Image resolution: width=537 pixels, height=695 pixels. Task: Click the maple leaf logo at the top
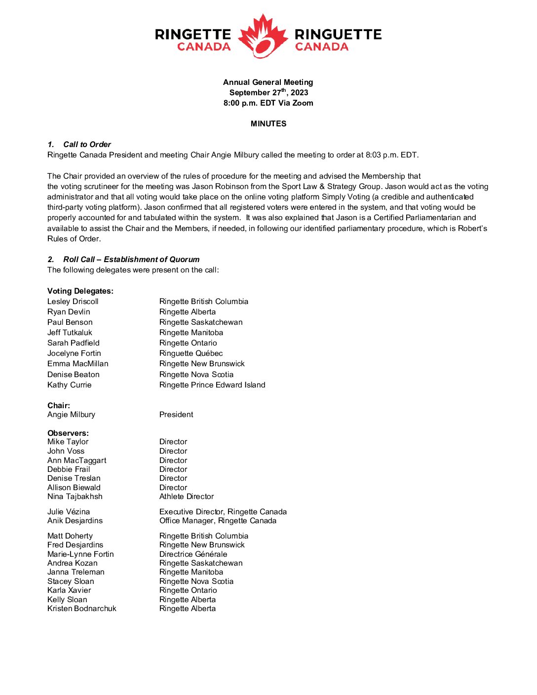(263, 37)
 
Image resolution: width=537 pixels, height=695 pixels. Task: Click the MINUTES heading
(268, 124)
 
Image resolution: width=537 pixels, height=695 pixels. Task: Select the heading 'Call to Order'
(87, 145)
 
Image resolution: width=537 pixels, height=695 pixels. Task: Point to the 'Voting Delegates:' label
(80, 291)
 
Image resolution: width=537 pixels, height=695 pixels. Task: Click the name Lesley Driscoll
(73, 302)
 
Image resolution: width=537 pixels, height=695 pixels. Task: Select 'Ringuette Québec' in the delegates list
(191, 353)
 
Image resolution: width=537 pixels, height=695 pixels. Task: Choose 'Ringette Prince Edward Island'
(212, 385)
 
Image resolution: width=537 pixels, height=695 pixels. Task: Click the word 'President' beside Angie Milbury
(176, 415)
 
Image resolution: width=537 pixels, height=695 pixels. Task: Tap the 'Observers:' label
(68, 433)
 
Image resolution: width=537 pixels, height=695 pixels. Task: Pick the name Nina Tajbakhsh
(75, 497)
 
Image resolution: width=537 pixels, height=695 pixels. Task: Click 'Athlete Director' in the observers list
(187, 497)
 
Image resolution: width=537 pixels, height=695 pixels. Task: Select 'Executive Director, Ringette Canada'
(223, 512)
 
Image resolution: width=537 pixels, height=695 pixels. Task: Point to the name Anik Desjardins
(75, 521)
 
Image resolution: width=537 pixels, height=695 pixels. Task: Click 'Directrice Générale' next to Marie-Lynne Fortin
(193, 554)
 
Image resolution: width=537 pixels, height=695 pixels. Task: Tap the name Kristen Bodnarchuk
(82, 609)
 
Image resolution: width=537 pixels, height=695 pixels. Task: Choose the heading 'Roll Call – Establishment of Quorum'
(131, 260)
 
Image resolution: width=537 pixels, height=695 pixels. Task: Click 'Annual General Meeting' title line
(268, 82)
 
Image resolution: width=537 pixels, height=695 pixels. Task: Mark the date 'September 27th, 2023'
(268, 93)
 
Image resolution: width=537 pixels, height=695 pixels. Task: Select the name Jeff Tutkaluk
(70, 333)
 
